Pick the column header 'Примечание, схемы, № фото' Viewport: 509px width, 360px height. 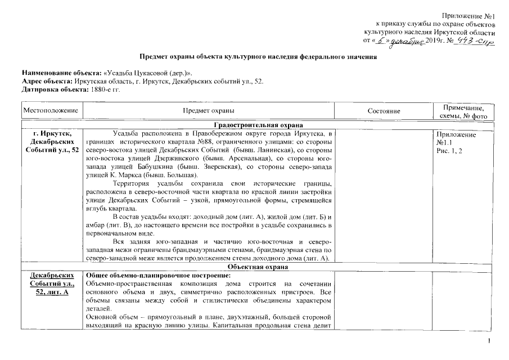click(464, 111)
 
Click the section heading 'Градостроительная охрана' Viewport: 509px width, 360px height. click(258, 125)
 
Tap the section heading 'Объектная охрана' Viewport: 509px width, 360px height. click(258, 266)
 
